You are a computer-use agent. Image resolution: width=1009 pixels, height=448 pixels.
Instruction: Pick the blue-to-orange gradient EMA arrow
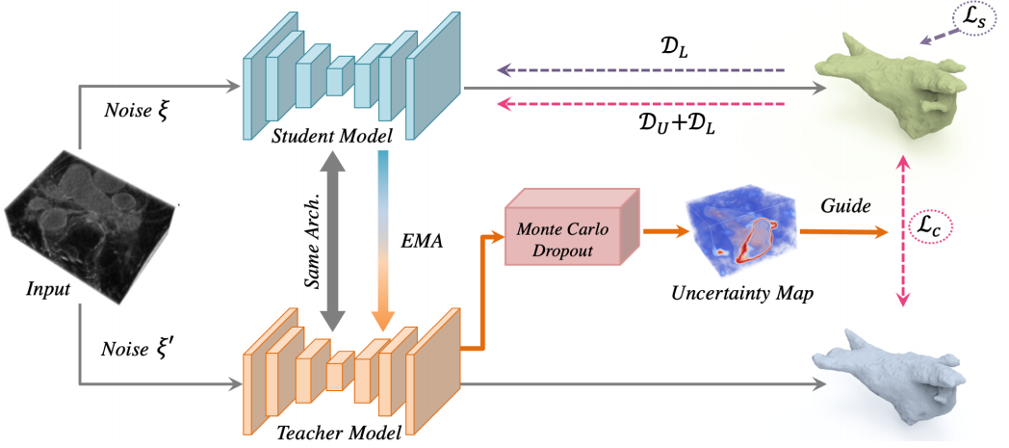[x=383, y=243]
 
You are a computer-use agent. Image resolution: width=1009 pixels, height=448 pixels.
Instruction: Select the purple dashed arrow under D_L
[x=640, y=70]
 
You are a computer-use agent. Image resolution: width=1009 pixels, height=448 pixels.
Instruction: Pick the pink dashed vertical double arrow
[x=903, y=232]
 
